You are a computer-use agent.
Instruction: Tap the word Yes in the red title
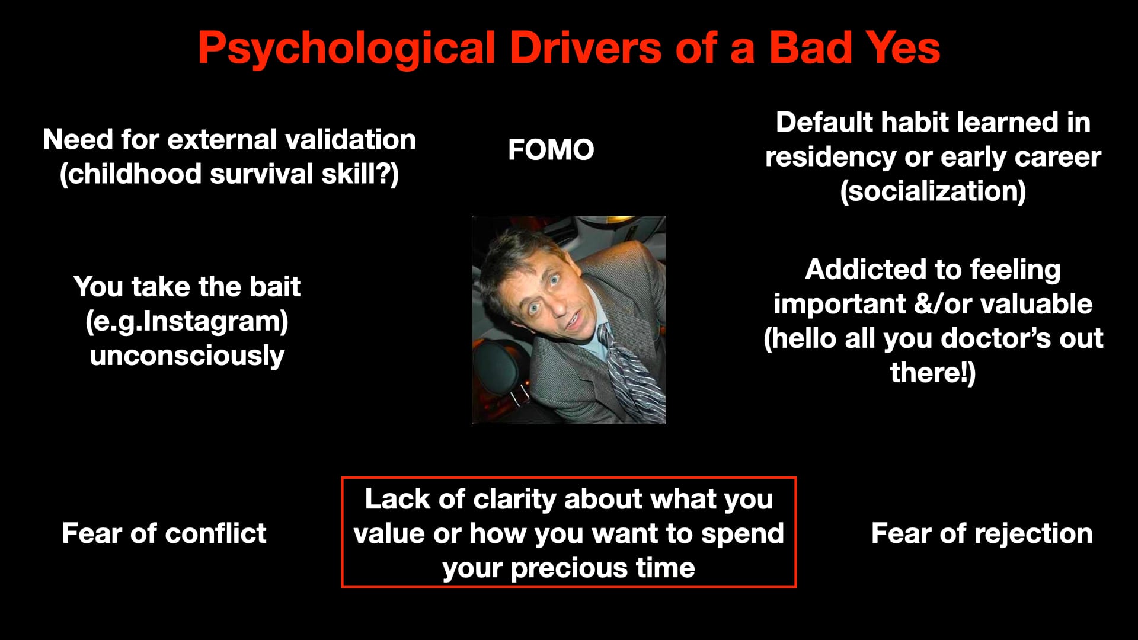coord(903,47)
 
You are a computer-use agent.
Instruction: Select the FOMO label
coord(551,150)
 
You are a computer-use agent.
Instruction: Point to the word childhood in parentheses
coord(130,174)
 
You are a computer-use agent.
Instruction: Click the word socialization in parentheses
coord(933,191)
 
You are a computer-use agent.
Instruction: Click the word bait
coord(275,287)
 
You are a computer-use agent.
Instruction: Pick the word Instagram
coord(212,322)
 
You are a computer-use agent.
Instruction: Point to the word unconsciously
coord(187,356)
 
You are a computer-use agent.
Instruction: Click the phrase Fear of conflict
coord(164,533)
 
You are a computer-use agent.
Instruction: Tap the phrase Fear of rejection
coord(982,533)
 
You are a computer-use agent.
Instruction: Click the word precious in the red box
coord(570,568)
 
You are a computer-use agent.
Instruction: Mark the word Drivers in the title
coord(585,47)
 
